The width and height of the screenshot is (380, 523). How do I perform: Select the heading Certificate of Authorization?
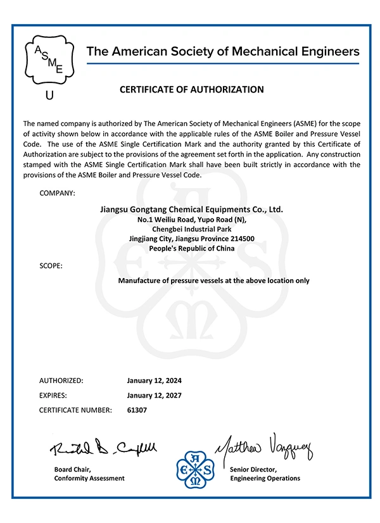point(191,89)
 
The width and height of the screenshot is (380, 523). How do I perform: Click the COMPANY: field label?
point(57,192)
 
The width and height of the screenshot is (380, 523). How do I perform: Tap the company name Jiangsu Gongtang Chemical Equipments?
point(191,209)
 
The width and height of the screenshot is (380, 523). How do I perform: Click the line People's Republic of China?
point(191,249)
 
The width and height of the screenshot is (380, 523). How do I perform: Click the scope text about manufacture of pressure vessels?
point(213,280)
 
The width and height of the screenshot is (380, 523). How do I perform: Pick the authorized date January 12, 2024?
point(155,381)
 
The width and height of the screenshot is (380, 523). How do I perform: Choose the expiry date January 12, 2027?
point(155,395)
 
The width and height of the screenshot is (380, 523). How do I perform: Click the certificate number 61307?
point(137,410)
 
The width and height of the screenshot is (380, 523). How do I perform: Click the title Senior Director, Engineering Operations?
point(265,474)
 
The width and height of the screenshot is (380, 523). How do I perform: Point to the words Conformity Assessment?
point(89,478)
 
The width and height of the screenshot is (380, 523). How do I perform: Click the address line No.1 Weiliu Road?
point(191,219)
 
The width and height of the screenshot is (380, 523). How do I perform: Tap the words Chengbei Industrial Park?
point(191,229)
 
